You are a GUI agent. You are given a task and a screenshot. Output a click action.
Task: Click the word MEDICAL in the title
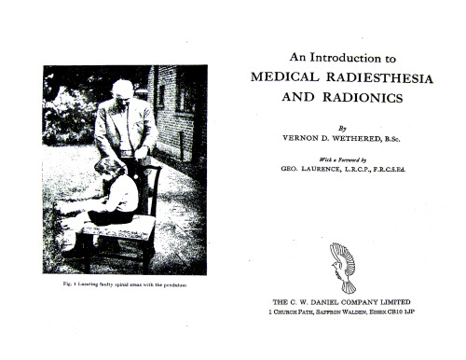point(289,77)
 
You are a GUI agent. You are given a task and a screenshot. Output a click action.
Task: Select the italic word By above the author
point(343,122)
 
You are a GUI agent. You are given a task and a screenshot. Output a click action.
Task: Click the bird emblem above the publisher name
point(343,265)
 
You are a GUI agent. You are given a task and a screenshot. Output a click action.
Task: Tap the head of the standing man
point(121,90)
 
